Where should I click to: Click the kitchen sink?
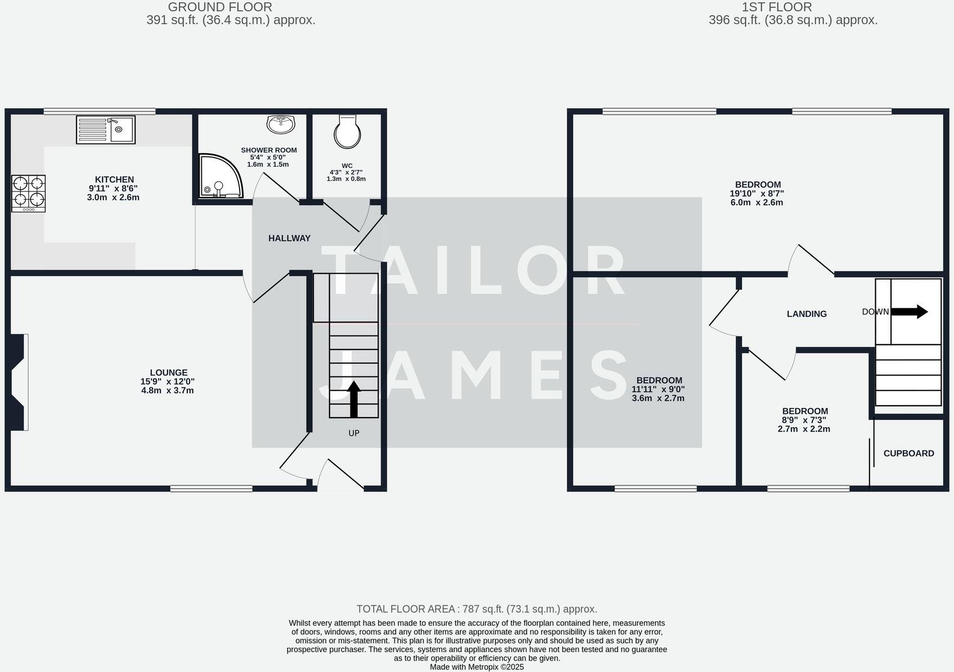[106, 130]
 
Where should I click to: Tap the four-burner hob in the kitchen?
[28, 193]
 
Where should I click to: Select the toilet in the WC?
[348, 131]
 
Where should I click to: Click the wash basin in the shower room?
[281, 124]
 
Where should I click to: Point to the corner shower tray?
[219, 177]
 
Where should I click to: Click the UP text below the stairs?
[354, 433]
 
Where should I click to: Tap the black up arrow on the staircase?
[354, 399]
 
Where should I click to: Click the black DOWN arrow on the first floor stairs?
[909, 311]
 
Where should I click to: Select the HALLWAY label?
[289, 239]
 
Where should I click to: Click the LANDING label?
[807, 314]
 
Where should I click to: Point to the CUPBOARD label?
[908, 454]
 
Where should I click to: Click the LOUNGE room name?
[169, 373]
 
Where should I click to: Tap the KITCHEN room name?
[114, 180]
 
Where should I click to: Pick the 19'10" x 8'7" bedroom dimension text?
[757, 194]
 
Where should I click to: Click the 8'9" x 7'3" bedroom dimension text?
[804, 420]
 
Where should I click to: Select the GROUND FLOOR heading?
[220, 7]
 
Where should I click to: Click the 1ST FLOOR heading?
[776, 7]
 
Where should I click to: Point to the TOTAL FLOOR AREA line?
[476, 609]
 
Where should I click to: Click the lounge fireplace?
[17, 382]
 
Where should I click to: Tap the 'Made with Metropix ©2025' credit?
[476, 667]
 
